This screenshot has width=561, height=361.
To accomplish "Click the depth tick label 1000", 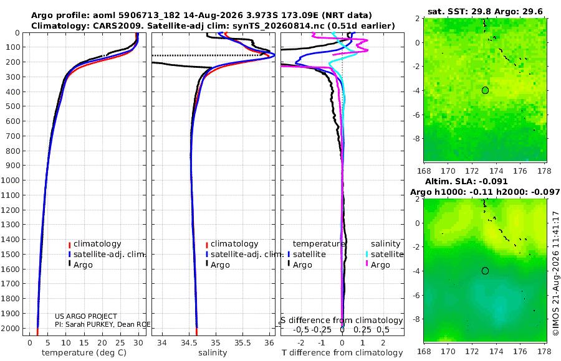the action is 10,180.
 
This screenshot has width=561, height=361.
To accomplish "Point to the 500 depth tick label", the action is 12,106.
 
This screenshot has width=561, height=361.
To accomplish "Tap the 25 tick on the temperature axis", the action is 120,343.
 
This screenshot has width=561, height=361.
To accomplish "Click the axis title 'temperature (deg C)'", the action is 84,353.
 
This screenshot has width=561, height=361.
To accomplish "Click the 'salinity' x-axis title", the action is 213,353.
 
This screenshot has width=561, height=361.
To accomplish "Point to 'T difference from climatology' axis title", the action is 342,353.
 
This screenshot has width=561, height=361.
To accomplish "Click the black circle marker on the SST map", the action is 485,90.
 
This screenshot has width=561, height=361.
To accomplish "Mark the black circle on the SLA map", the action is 485,271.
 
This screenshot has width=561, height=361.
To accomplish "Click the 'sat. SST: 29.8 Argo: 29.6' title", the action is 485,12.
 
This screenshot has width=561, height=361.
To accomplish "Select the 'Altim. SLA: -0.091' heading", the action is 466,182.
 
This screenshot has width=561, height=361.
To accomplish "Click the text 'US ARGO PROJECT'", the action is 86,316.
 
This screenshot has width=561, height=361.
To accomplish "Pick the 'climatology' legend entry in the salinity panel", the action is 232,244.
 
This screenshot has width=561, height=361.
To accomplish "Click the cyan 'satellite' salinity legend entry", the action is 385,255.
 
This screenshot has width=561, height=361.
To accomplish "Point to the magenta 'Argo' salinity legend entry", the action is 378,265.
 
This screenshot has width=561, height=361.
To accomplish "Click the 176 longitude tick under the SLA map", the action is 520,351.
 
